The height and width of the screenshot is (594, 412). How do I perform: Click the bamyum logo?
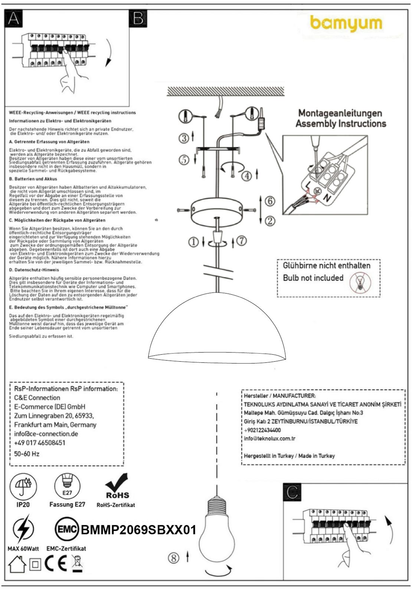tap(346, 24)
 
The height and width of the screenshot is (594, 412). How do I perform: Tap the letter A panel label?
tap(14, 18)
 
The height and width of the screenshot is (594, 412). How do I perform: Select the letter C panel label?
tap(292, 492)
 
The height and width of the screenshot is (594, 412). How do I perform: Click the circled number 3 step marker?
tap(184, 138)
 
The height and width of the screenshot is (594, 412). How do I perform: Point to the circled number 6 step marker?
tap(270, 201)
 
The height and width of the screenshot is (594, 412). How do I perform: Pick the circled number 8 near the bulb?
tap(173, 558)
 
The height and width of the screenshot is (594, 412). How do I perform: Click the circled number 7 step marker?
tap(241, 241)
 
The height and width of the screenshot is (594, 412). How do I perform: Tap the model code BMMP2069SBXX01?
tap(138, 530)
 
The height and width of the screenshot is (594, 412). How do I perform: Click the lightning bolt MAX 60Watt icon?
tap(23, 529)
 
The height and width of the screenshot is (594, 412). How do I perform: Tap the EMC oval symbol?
tap(67, 529)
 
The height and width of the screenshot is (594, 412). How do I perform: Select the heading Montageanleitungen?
tap(340, 113)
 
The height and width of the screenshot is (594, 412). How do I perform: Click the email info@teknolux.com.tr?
tap(269, 438)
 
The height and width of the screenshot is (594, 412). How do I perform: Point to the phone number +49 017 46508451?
tap(40, 443)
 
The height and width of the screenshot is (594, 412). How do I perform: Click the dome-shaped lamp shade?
tap(217, 334)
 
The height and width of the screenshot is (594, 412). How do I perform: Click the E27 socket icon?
tap(67, 486)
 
